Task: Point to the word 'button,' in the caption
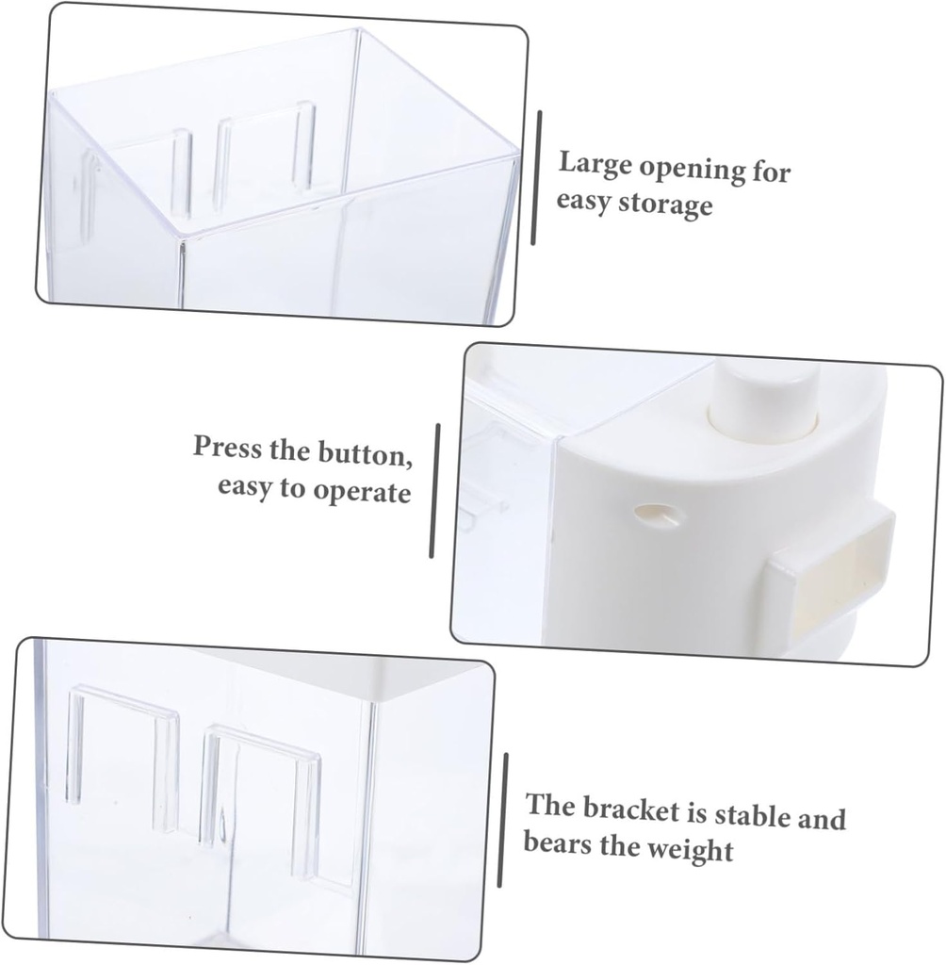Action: pyautogui.click(x=365, y=453)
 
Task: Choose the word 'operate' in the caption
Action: pyautogui.click(x=361, y=492)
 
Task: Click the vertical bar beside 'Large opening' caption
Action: pyautogui.click(x=537, y=178)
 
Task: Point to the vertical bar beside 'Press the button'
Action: pyautogui.click(x=434, y=490)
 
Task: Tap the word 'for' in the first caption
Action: pyautogui.click(x=771, y=172)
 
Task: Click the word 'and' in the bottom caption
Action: pyautogui.click(x=822, y=820)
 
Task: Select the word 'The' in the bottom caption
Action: pyautogui.click(x=550, y=807)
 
